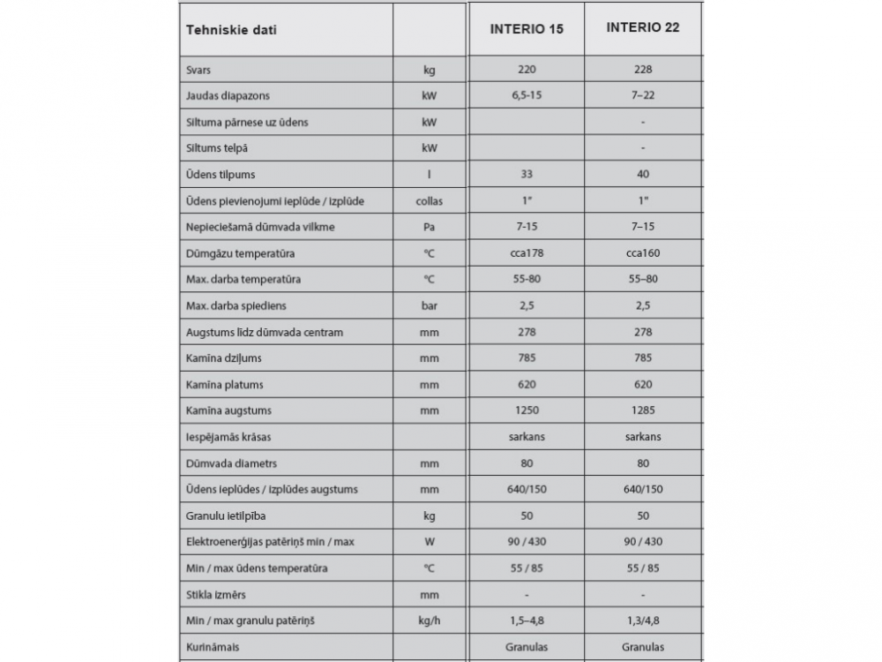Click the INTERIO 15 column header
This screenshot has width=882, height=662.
[x=527, y=29]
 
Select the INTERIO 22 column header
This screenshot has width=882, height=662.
[x=643, y=27]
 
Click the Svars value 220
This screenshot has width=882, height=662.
[x=527, y=70]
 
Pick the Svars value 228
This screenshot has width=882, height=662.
[x=643, y=70]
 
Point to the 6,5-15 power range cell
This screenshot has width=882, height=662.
[x=527, y=95]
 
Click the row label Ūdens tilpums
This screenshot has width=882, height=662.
[x=220, y=175]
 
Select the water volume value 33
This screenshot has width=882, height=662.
[x=527, y=175]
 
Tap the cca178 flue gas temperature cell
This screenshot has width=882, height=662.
[x=527, y=253]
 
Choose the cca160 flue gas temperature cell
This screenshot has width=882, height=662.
[x=643, y=253]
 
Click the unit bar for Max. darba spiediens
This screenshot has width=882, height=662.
[x=429, y=306]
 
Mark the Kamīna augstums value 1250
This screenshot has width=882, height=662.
[x=527, y=410]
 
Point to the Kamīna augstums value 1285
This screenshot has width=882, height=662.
[x=643, y=410]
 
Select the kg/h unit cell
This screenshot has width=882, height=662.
[x=429, y=621]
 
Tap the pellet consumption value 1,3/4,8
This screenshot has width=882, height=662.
[x=643, y=621]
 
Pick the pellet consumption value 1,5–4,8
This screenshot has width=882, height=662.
[x=527, y=621]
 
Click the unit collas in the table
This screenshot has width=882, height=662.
[x=429, y=201]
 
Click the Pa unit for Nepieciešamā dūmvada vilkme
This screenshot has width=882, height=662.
[x=429, y=228]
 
